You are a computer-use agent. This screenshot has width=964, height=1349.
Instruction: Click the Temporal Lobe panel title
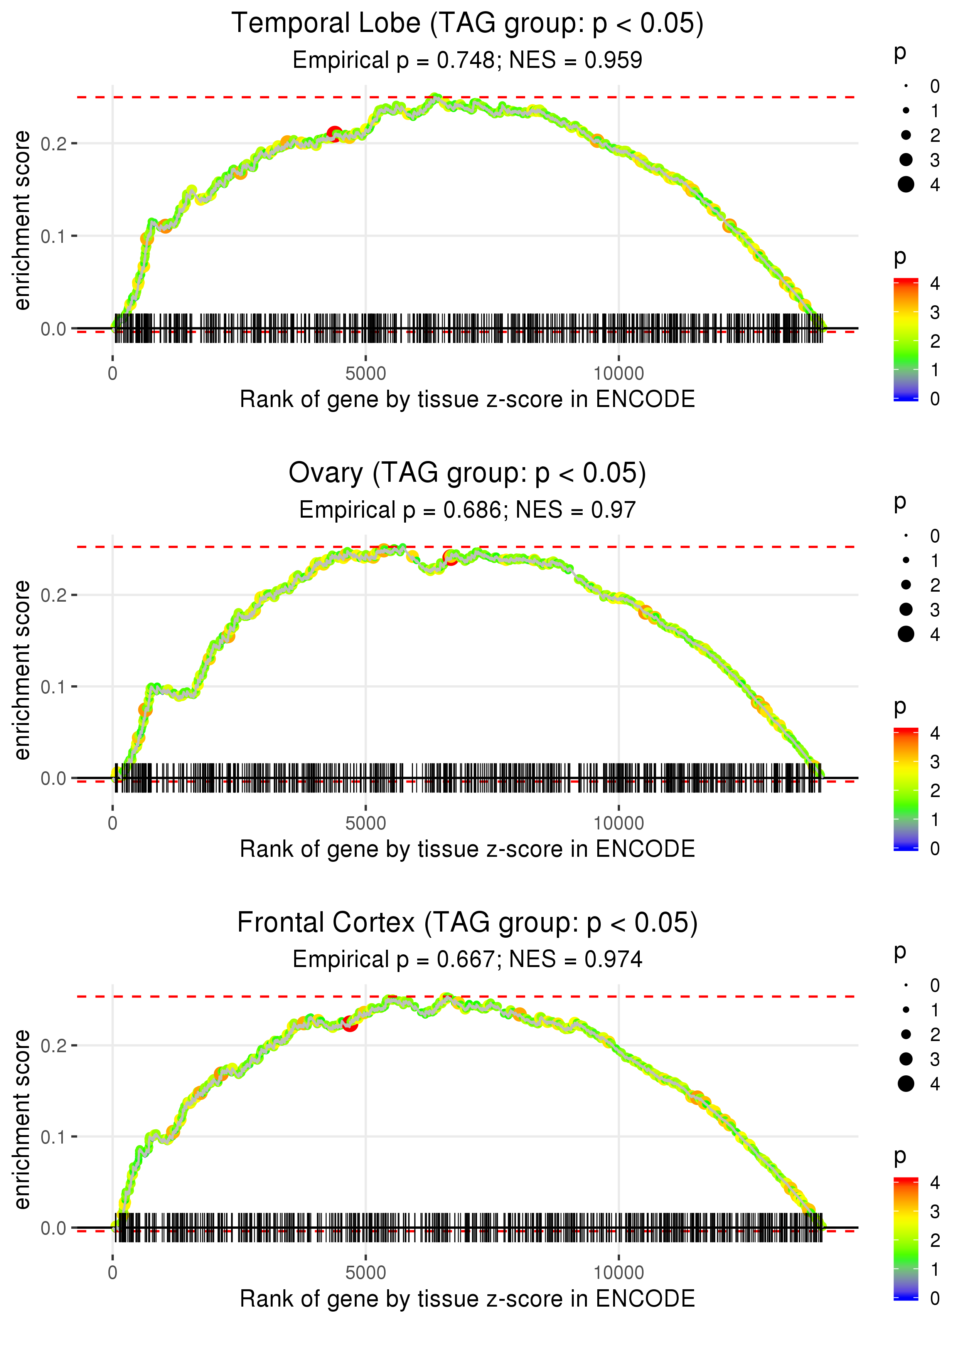pos(467,24)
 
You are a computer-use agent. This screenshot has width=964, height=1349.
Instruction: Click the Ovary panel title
pos(467,473)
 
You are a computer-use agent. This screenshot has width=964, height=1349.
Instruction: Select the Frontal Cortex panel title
pos(467,923)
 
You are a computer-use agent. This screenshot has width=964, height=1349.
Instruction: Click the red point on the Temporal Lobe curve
pos(335,133)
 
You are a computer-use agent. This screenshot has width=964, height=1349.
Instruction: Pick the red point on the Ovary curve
pos(450,558)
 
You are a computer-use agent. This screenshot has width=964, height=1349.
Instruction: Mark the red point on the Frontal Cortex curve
pos(350,1024)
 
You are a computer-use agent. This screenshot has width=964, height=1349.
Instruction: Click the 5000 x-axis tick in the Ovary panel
pos(366,823)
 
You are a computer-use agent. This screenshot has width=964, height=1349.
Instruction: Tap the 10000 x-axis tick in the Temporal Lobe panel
pos(619,374)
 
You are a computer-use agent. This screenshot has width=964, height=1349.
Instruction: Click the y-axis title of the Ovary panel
pos(22,670)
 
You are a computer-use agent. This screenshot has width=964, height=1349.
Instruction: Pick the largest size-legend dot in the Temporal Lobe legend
pos(906,185)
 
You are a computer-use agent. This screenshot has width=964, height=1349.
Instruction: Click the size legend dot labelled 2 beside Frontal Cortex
pos(906,1034)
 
